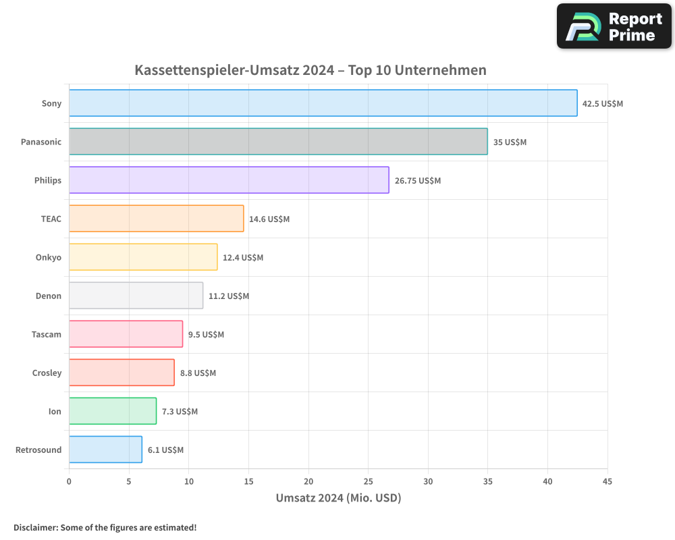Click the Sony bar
pos(323,103)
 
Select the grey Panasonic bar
pos(278,142)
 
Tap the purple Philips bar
pos(229,180)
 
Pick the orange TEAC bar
pos(156,219)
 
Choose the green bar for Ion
pos(113,411)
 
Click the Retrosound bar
pos(105,450)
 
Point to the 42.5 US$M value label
pos(603,104)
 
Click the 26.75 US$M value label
pos(417,181)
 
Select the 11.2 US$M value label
pos(228,296)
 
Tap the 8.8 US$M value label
pos(198,373)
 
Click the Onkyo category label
pos(48,257)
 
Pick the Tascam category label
pos(47,334)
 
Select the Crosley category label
pos(47,373)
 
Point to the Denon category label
pos(48,296)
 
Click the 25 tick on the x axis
pos(368,481)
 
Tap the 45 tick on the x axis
pos(607,481)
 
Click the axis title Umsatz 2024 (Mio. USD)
pos(338,498)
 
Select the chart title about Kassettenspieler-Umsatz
pos(310,70)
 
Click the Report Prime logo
pos(614,26)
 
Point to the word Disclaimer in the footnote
pos(35,527)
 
